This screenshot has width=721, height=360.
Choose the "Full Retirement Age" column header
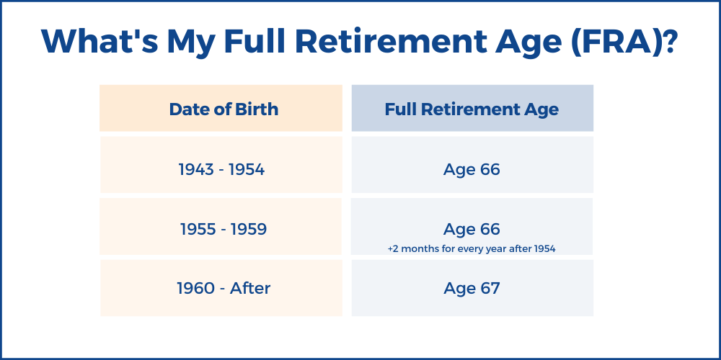[472, 109]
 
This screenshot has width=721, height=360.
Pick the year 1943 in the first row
[196, 170]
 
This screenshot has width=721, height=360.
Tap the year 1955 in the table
[198, 230]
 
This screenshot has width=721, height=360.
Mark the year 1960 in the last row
[196, 289]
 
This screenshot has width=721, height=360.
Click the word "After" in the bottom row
[250, 289]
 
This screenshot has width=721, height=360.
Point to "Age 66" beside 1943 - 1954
[472, 170]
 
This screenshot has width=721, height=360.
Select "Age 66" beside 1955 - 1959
[472, 230]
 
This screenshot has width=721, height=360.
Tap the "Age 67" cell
[472, 289]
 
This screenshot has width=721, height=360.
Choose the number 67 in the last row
[490, 289]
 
